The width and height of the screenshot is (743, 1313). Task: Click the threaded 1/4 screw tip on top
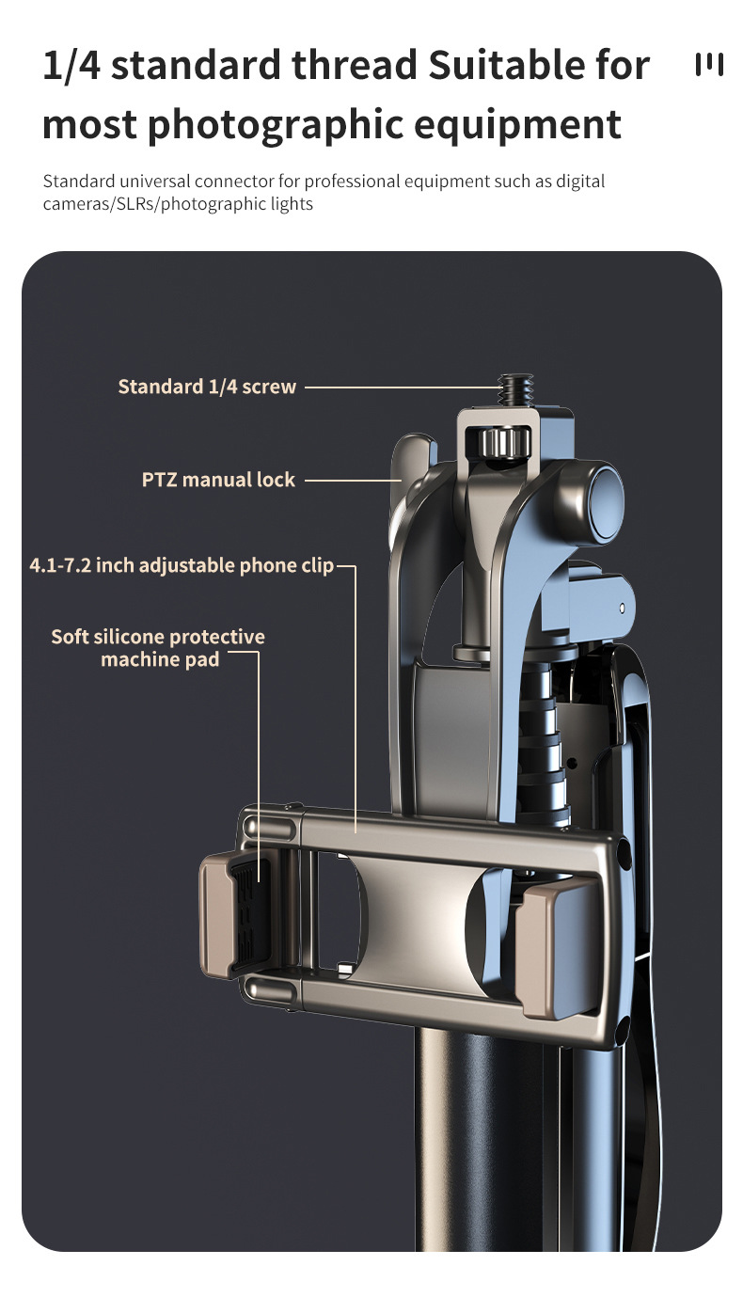coord(515,390)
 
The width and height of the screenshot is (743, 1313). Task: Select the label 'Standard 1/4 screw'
coord(207,387)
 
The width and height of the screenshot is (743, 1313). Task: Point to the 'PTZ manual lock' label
coord(218,480)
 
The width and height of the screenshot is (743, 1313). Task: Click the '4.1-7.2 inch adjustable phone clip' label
coord(182,565)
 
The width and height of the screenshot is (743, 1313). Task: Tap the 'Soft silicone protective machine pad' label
coord(158,648)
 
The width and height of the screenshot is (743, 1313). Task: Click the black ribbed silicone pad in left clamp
coord(249,915)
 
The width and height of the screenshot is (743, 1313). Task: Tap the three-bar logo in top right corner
coord(709,65)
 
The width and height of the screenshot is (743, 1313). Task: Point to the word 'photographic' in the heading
coord(276,125)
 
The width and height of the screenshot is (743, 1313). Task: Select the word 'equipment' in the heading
coord(517,125)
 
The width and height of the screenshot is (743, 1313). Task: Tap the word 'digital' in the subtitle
coord(580,182)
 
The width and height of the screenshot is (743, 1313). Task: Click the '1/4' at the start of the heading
coord(71,65)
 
